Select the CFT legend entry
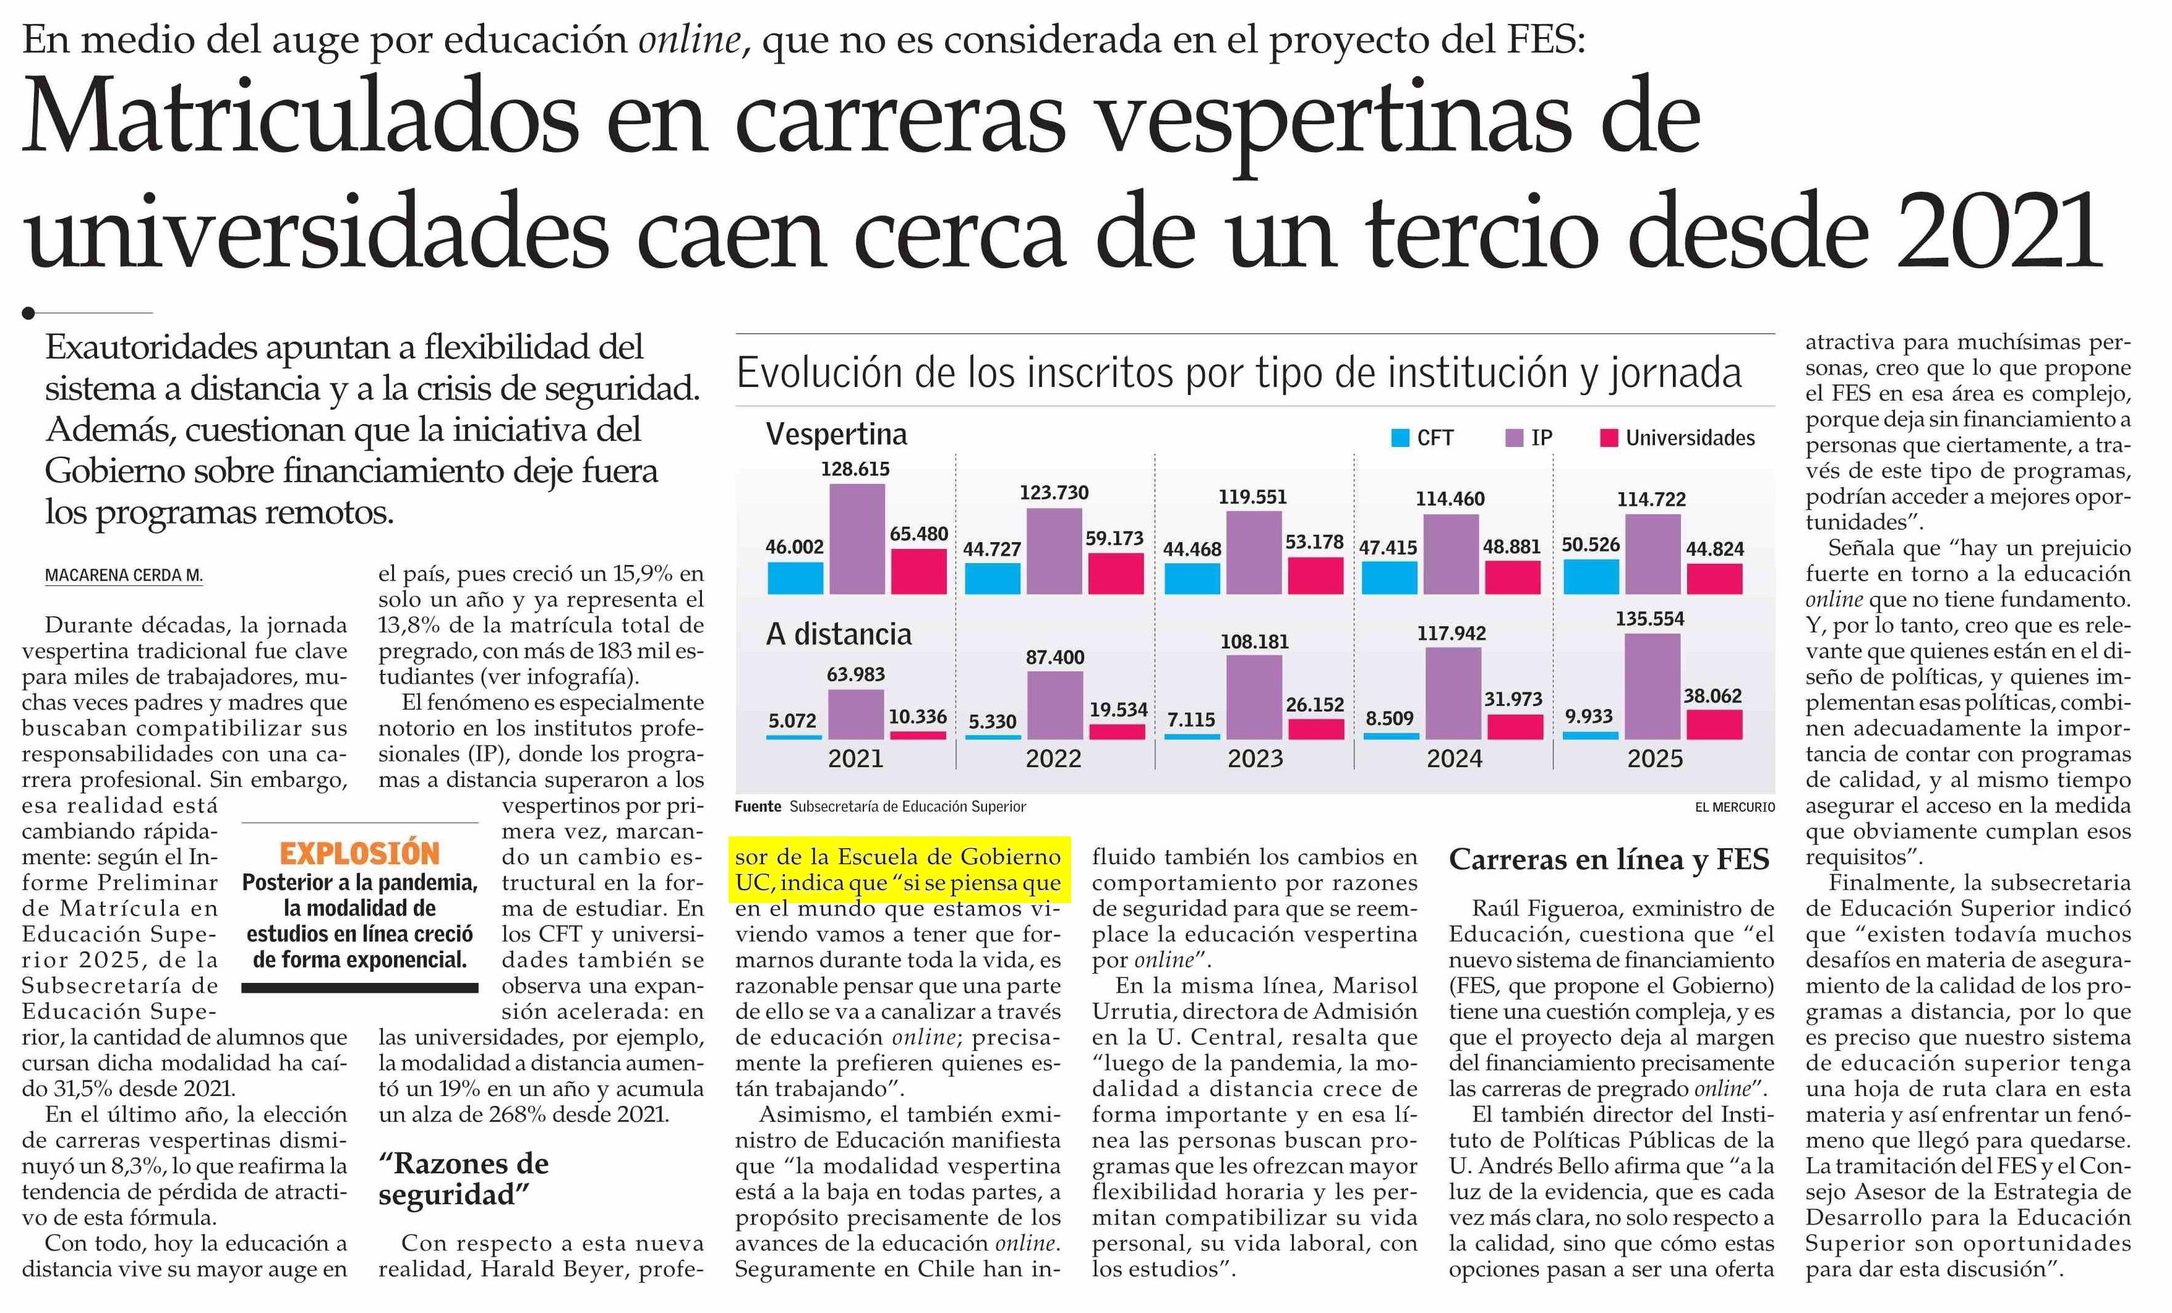pos(1422,438)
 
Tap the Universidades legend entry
pos(1677,438)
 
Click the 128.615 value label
pos(855,469)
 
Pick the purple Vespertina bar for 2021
pos(857,538)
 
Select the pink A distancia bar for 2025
pos(1714,724)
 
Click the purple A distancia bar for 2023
pos(1254,696)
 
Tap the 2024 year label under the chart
pos(1455,758)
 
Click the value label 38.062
pos(1712,696)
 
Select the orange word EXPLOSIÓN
pos(360,853)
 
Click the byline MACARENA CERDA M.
pos(124,576)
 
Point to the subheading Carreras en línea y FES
pos(1609,860)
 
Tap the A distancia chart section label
pos(838,634)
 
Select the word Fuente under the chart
pos(757,806)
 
